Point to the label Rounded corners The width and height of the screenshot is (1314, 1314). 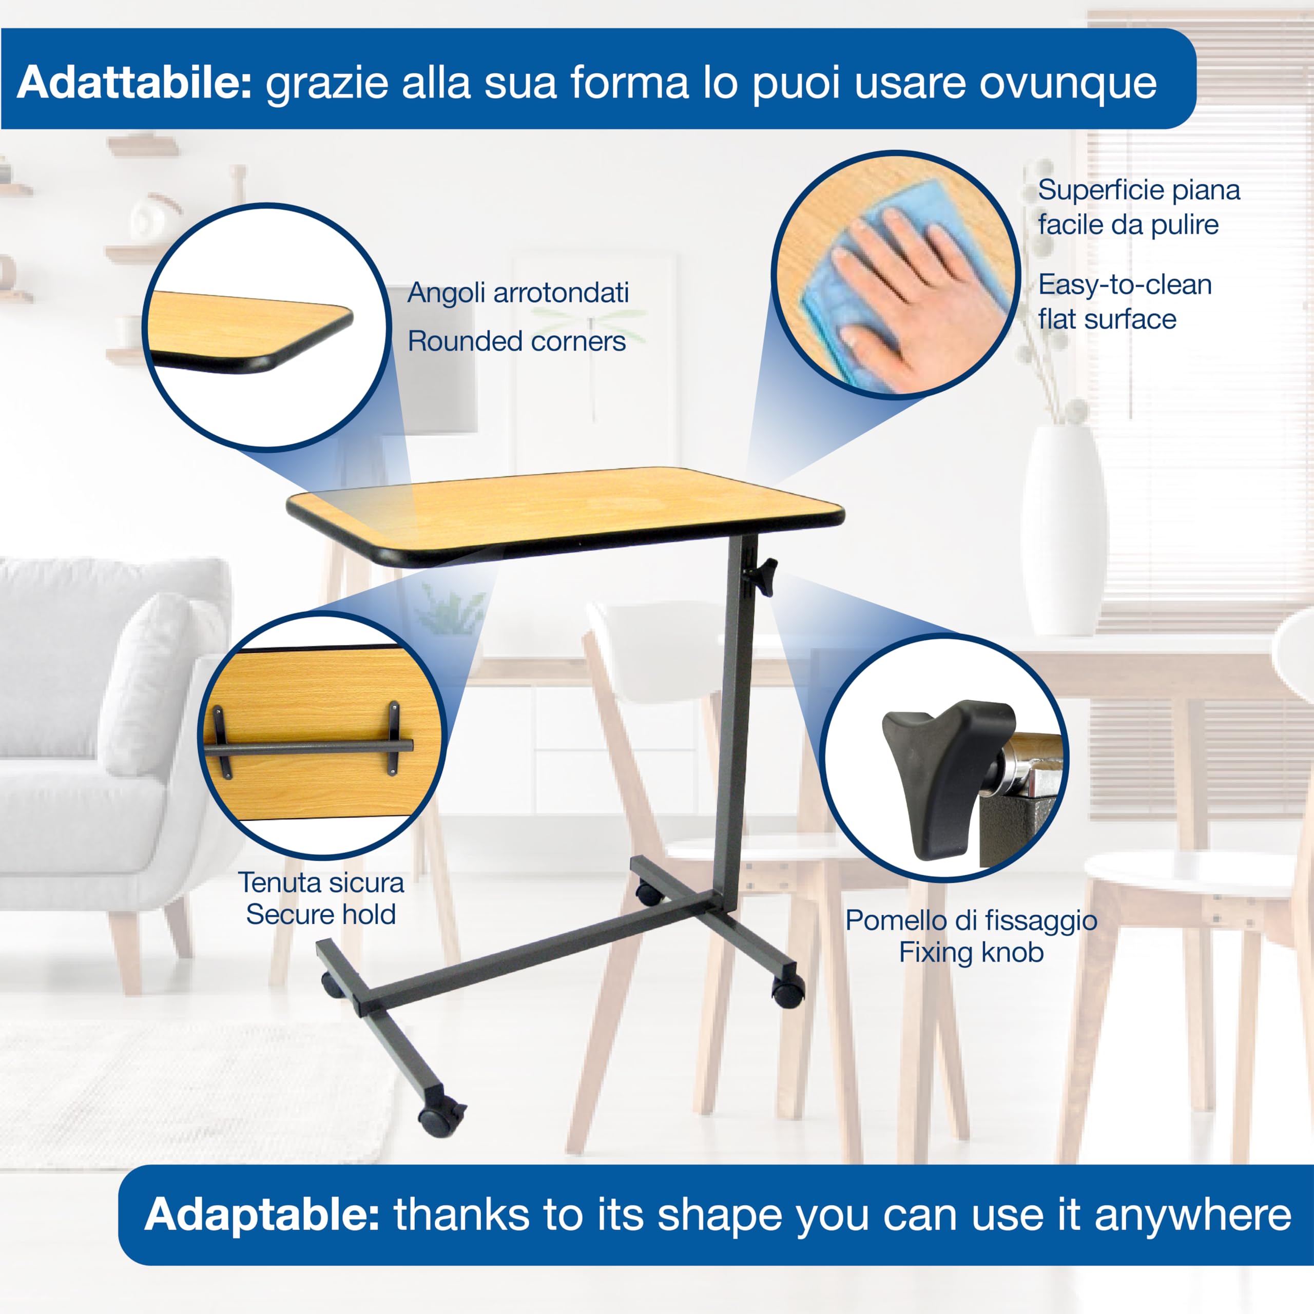[x=516, y=341]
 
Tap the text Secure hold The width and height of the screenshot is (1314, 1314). [x=321, y=915]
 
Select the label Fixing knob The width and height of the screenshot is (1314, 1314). [x=971, y=953]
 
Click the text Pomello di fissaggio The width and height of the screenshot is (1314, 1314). [x=971, y=921]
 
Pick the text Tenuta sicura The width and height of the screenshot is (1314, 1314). [x=321, y=883]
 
